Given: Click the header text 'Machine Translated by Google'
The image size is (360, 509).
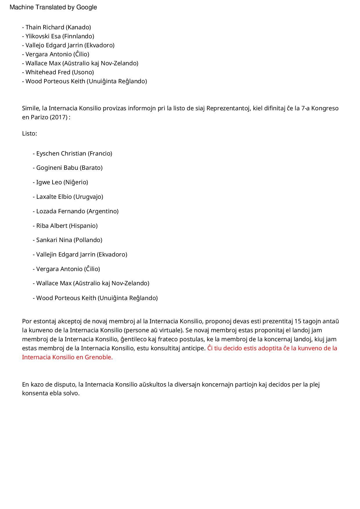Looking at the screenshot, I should [x=53, y=7].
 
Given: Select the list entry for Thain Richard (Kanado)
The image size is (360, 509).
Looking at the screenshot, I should [x=57, y=27].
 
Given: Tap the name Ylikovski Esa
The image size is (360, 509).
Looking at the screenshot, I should [x=43, y=36].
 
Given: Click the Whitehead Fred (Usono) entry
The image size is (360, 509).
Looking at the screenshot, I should [x=58, y=72].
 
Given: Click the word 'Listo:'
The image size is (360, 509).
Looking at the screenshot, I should [x=29, y=133].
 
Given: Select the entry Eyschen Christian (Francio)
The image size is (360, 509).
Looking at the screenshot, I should [x=73, y=154].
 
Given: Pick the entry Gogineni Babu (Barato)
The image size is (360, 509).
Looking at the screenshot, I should [x=68, y=168].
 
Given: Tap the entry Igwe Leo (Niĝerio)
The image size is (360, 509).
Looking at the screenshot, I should [x=60, y=182].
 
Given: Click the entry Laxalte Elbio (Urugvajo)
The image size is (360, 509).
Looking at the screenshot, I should [x=68, y=197].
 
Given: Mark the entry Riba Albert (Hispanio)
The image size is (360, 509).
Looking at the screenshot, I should [x=65, y=226].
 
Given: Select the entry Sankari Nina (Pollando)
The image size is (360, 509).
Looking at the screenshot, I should [x=67, y=240].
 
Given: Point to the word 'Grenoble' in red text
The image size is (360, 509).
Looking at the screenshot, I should [x=98, y=357].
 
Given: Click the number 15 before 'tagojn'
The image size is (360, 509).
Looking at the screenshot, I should [x=298, y=321].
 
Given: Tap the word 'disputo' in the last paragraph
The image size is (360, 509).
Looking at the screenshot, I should [x=65, y=385].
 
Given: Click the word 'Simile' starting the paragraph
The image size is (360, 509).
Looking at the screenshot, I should [x=30, y=108].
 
